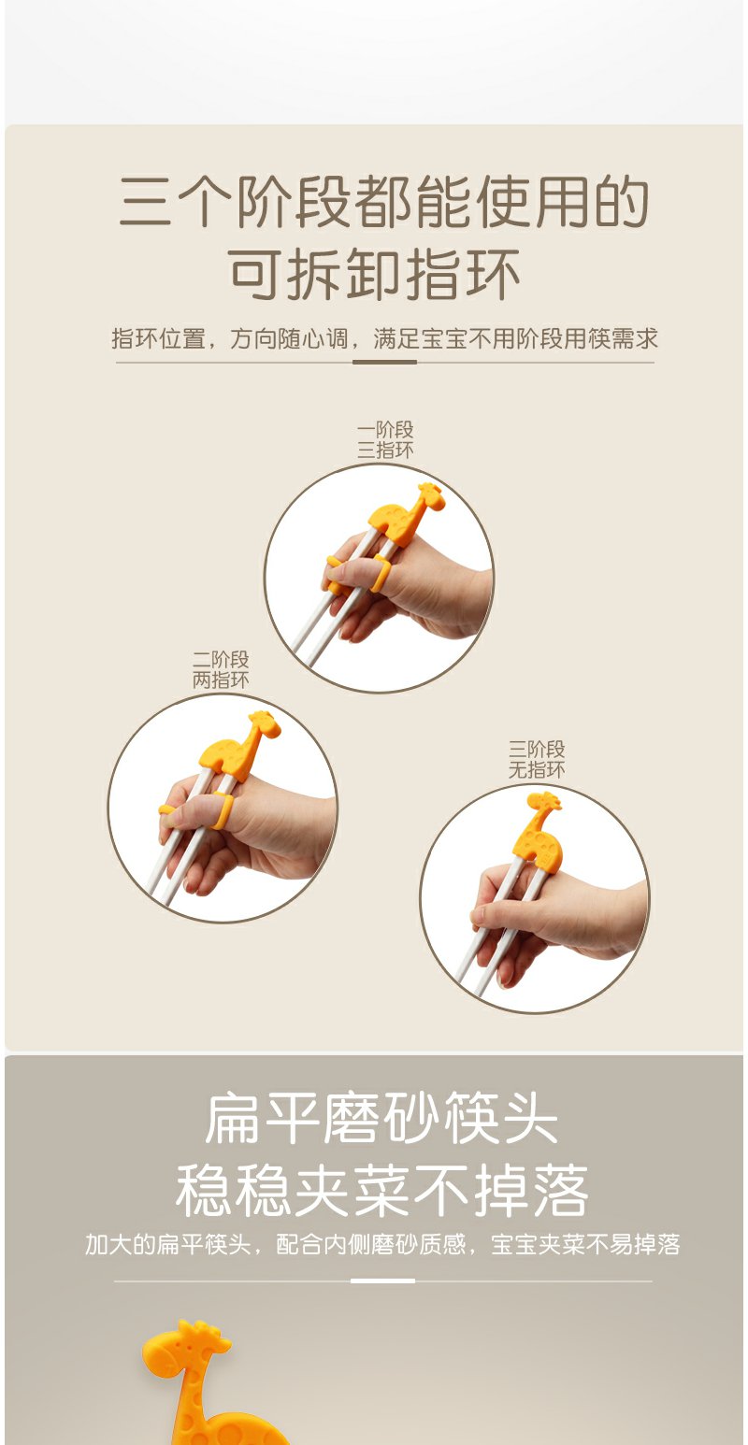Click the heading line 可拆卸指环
click(x=374, y=274)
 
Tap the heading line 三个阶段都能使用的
click(x=383, y=201)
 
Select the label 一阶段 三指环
click(x=385, y=440)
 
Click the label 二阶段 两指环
click(x=221, y=669)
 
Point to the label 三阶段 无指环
click(x=537, y=759)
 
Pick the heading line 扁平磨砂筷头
click(x=381, y=1118)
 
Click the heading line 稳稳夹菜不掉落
click(x=381, y=1190)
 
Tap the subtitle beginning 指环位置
click(x=384, y=338)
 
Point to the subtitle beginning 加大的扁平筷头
click(x=382, y=1244)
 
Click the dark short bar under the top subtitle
click(x=384, y=362)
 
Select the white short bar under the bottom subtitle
click(x=382, y=1280)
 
